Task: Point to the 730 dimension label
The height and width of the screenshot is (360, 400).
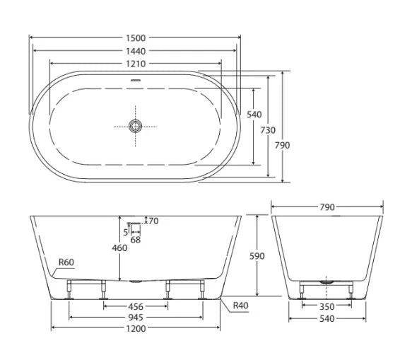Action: coord(267,129)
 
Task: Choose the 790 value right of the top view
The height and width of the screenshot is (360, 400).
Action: coord(283,144)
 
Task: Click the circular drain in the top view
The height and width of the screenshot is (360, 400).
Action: coord(135,126)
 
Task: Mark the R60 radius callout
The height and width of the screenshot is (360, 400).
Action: coord(66,262)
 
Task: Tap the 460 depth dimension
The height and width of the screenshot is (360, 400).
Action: coord(119,248)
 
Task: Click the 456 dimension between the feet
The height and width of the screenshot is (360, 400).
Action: coord(136,306)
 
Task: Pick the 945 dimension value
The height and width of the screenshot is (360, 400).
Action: coord(136,318)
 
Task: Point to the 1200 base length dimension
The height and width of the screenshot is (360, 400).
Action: coord(136,329)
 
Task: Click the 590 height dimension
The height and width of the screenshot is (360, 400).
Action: coord(257,256)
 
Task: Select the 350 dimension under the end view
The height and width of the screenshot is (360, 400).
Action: coord(325,306)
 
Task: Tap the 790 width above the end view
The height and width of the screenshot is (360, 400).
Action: coord(327,207)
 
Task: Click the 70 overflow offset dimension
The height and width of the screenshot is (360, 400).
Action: coord(152,221)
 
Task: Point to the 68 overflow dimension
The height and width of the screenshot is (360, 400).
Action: coord(135,240)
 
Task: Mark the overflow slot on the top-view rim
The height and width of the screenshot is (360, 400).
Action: coord(135,79)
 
